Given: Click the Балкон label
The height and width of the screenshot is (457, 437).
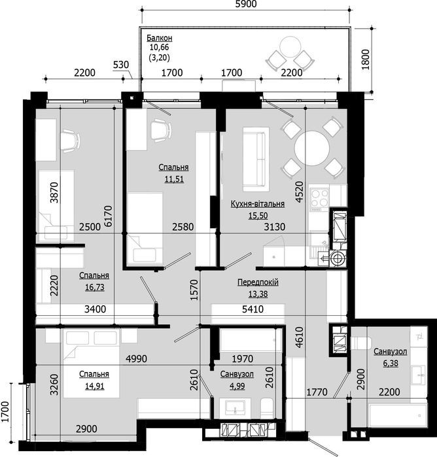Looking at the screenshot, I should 158,37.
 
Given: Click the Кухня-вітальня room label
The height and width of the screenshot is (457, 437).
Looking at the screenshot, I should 257,204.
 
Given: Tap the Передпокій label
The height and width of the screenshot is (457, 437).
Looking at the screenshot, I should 258,282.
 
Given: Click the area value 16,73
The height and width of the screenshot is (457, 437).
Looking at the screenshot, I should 94,286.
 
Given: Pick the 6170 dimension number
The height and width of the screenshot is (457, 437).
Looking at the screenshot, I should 109,214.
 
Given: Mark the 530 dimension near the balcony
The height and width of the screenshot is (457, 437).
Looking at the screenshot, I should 122,65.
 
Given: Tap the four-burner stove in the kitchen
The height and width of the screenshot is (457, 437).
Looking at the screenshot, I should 319,197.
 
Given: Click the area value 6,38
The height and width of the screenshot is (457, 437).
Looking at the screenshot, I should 390,362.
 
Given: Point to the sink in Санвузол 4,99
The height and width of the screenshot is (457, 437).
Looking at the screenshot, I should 234,409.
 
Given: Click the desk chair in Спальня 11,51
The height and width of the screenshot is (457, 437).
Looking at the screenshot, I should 160,129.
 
